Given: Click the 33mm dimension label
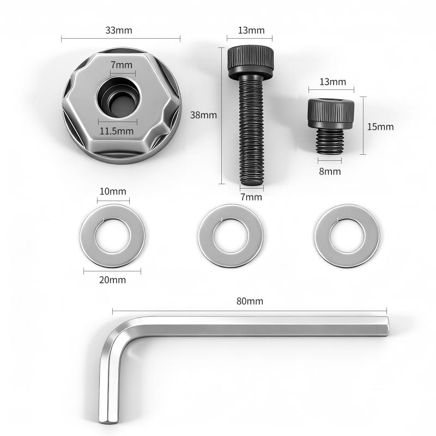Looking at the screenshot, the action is (x=119, y=30).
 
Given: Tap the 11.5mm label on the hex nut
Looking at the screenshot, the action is (x=117, y=131).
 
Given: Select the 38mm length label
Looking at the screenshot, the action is (x=203, y=115).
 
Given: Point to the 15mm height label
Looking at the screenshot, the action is (x=380, y=127).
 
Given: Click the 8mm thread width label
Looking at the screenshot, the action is (x=330, y=171).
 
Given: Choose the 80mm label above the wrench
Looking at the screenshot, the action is (x=250, y=301).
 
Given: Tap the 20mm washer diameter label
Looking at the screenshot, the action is (x=112, y=280).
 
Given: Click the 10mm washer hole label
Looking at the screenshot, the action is (x=113, y=191).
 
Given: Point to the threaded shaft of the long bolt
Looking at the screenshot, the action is (x=251, y=131).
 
